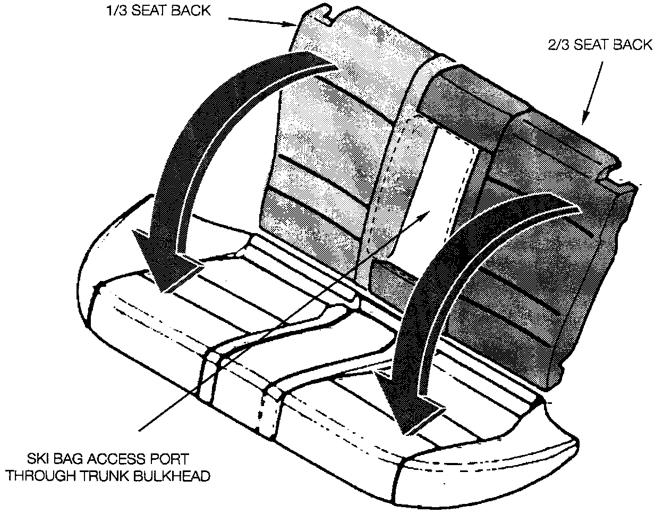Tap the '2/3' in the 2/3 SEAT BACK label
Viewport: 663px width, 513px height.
(x=558, y=45)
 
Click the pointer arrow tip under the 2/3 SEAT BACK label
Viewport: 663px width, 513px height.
(x=585, y=123)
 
